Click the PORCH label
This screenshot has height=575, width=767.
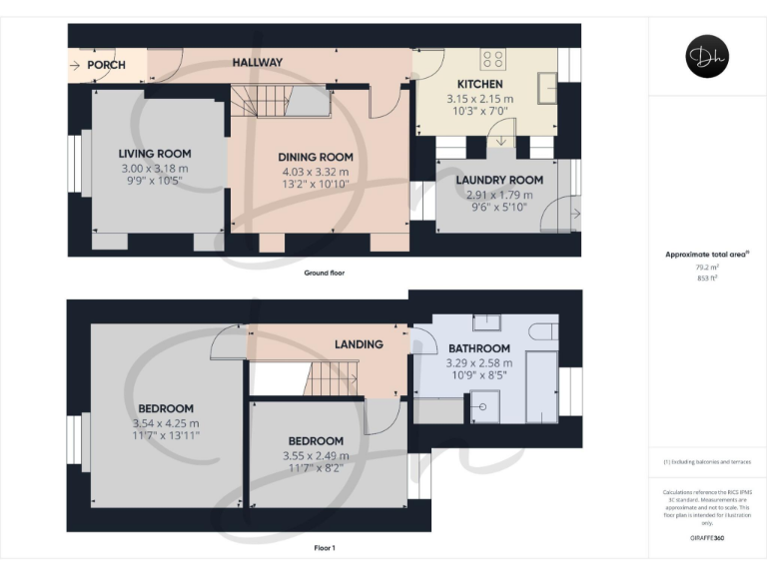click(107, 65)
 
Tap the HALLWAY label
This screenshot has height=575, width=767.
click(258, 63)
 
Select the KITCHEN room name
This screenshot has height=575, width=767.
click(479, 84)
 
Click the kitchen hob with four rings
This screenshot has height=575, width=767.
click(492, 58)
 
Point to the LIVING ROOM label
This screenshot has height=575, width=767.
click(154, 154)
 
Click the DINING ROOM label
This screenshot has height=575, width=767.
click(316, 157)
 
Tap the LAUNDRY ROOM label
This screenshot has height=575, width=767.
click(499, 180)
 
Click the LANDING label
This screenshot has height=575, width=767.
click(359, 344)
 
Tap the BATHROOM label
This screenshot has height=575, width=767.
click(478, 348)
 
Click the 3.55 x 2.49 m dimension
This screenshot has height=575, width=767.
click(316, 456)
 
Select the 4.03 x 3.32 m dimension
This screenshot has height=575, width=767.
click(316, 172)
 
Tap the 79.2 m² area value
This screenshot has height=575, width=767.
click(707, 268)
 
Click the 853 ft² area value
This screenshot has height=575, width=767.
click(707, 279)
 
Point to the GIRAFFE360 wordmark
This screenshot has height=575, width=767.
click(707, 538)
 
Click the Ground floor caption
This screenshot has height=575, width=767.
click(325, 273)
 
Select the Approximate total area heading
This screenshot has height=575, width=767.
click(705, 255)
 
